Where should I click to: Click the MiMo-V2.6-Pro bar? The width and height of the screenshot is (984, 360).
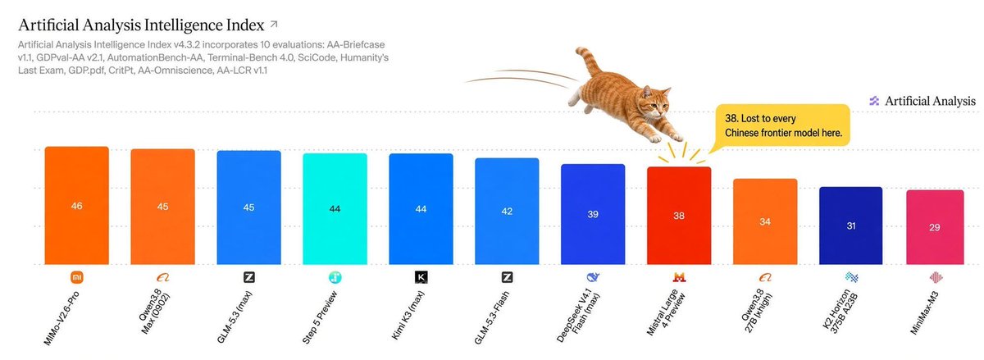[x=77, y=206]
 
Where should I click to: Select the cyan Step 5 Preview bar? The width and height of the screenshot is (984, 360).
[x=335, y=209]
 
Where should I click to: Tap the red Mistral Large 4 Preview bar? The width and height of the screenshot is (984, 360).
[x=679, y=216]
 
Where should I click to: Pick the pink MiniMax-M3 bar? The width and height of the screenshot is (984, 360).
[x=935, y=227]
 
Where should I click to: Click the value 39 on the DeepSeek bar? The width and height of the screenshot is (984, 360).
[x=593, y=214]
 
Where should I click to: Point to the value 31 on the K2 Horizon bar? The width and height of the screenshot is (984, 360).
[x=851, y=226]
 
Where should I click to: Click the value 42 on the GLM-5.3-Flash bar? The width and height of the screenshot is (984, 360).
[x=507, y=212]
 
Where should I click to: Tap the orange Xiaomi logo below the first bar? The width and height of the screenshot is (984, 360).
[x=77, y=277]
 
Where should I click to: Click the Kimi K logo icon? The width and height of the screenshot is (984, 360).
[x=421, y=277]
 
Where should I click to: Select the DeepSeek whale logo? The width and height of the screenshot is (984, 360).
[x=593, y=277]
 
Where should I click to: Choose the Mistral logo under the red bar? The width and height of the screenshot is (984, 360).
[x=679, y=277]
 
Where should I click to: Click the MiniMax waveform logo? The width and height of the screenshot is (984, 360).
[x=936, y=277]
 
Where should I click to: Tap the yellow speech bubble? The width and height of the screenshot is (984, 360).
[x=782, y=125]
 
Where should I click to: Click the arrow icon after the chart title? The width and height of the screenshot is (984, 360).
[x=274, y=24]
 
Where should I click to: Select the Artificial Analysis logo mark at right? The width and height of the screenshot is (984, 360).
[x=874, y=101]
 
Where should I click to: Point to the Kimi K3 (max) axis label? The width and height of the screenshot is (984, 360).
[x=408, y=315]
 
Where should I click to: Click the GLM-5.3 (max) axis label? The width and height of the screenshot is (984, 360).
[x=235, y=317]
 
